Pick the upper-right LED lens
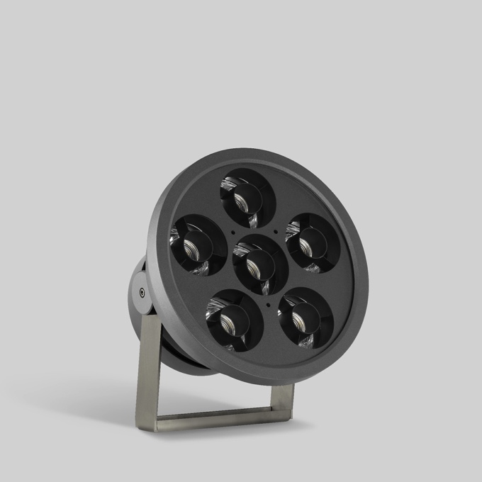[x=311, y=242]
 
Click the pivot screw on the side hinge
[x=142, y=291]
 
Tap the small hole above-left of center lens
[x=233, y=231]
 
